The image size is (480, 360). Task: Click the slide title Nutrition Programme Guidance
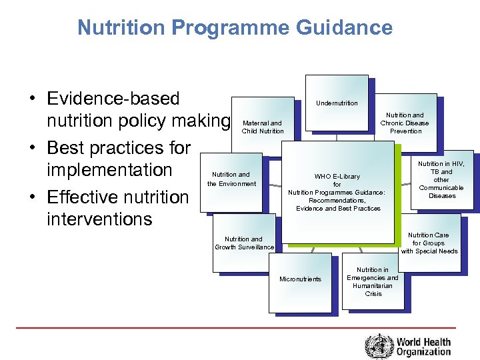(235, 27)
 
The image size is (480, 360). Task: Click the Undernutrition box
(337, 103)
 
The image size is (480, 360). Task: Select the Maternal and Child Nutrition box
(263, 127)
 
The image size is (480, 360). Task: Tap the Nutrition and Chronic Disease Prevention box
(405, 123)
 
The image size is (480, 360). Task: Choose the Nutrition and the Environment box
(232, 179)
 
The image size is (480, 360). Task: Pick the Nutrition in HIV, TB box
(441, 180)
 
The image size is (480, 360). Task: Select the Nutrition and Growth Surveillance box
(244, 243)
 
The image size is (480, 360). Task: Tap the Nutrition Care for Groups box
(429, 243)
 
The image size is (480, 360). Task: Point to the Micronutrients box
(300, 279)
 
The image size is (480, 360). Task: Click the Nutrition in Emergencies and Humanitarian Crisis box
(373, 281)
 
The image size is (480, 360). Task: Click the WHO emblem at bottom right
(379, 346)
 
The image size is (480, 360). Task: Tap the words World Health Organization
(424, 347)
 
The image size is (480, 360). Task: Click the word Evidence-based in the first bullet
(113, 99)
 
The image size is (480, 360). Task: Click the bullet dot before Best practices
(32, 148)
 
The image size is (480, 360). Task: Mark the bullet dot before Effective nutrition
(32, 197)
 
